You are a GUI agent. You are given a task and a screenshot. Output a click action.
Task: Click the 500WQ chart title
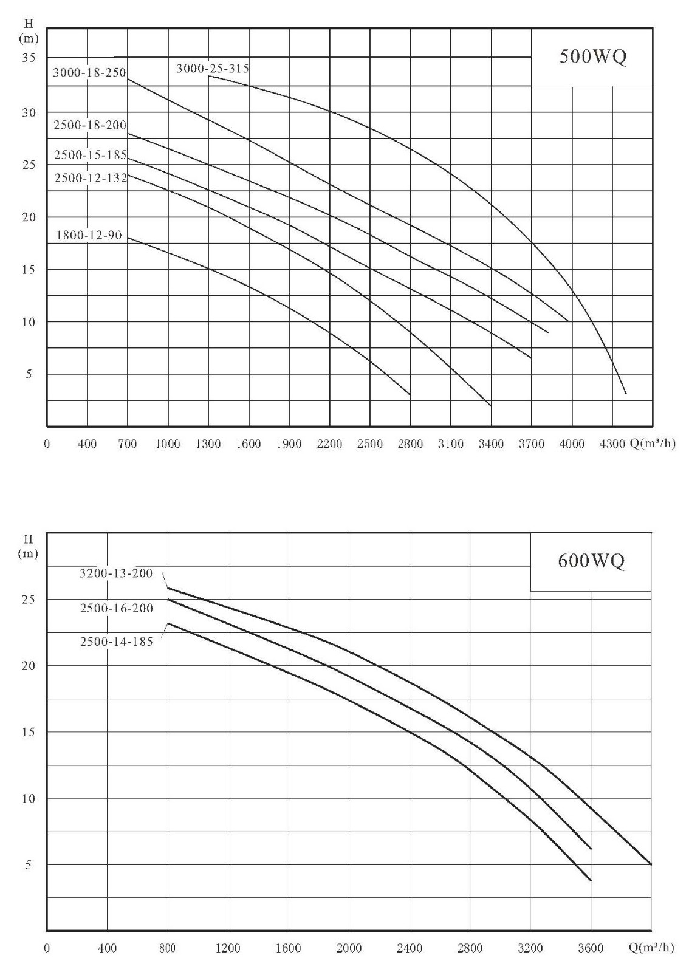pyautogui.click(x=592, y=57)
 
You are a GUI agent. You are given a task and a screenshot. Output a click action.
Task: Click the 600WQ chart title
pyautogui.click(x=591, y=561)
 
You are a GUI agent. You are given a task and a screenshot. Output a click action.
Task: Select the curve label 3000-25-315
pyautogui.click(x=212, y=68)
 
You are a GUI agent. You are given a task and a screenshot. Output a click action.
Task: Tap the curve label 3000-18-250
pyautogui.click(x=89, y=72)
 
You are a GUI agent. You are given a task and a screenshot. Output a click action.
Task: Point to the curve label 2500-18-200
pyautogui.click(x=91, y=125)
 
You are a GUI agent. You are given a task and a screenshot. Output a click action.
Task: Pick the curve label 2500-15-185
pyautogui.click(x=91, y=154)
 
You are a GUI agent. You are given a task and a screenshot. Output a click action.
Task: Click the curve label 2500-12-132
pyautogui.click(x=91, y=177)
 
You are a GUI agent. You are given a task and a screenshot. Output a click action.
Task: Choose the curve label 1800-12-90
pyautogui.click(x=89, y=235)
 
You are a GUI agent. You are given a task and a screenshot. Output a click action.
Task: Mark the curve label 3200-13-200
pyautogui.click(x=116, y=573)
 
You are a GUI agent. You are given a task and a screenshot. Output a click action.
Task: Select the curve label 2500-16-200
pyautogui.click(x=117, y=608)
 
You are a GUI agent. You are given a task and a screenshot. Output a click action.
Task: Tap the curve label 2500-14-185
pyautogui.click(x=117, y=642)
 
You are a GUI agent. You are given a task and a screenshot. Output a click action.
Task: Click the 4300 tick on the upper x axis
pyautogui.click(x=612, y=444)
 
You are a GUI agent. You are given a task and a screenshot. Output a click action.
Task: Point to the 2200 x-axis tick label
pyautogui.click(x=329, y=444)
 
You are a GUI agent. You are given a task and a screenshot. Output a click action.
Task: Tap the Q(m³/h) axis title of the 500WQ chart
pyautogui.click(x=652, y=443)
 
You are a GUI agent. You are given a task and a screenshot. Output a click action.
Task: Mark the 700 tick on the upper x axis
pyautogui.click(x=128, y=444)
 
